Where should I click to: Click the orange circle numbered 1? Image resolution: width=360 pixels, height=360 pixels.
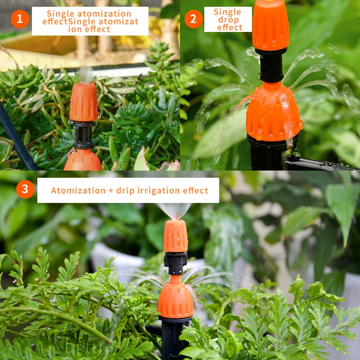[20, 19]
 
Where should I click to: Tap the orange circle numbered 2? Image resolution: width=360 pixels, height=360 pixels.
[193, 19]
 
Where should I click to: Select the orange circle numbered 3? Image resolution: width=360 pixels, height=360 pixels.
[25, 189]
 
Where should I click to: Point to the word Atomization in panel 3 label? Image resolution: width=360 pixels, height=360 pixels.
[78, 190]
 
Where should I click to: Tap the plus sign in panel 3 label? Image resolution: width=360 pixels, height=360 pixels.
[111, 190]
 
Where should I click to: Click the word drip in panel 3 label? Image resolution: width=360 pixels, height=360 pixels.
[126, 191]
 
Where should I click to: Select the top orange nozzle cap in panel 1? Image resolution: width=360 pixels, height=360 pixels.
[84, 102]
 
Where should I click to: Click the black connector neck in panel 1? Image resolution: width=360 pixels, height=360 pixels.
[83, 135]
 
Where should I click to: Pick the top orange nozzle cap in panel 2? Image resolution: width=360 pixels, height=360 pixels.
[270, 25]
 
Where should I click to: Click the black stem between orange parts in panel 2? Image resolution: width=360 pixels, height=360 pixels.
[271, 65]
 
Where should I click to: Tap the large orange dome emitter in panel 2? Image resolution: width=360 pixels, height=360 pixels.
[273, 112]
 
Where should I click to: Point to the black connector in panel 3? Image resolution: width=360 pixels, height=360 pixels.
[175, 263]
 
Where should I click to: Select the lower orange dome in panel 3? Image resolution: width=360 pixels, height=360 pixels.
[175, 297]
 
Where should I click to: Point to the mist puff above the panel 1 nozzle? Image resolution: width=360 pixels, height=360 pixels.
[86, 74]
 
